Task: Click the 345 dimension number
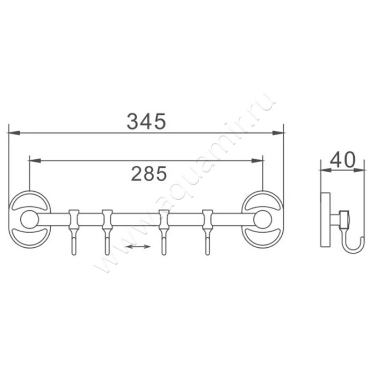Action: pos(146,121)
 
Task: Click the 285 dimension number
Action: pos(149,174)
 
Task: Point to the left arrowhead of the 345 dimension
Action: pos(14,133)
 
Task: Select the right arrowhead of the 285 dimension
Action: pos(257,161)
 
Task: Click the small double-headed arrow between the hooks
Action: pos(138,247)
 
